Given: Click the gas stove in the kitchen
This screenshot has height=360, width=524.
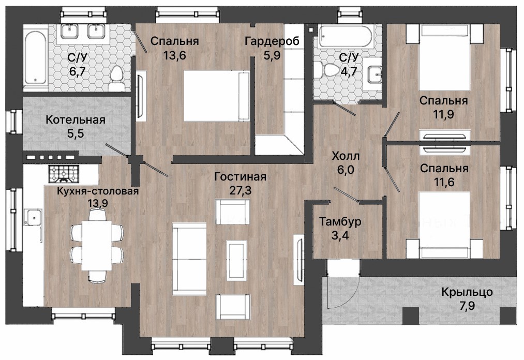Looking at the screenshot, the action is pos(63,174).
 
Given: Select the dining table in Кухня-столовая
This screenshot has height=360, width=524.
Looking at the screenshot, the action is pos(97,245).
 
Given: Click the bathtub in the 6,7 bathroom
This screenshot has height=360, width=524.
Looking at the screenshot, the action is pos(35,57).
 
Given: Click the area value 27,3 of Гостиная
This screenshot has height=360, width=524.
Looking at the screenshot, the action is pos(241,190).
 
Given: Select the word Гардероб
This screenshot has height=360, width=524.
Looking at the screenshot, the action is pos(272,41).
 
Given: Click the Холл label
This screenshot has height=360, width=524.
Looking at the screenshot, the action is pos(346,156).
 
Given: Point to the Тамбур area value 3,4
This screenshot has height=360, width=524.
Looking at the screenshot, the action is pos(340,235).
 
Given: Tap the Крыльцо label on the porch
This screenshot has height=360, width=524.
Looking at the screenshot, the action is pos(467,292).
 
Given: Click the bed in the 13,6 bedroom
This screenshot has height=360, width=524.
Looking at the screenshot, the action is pos(217,96).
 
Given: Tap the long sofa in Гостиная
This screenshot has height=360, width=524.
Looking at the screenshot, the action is pos(189,259).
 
